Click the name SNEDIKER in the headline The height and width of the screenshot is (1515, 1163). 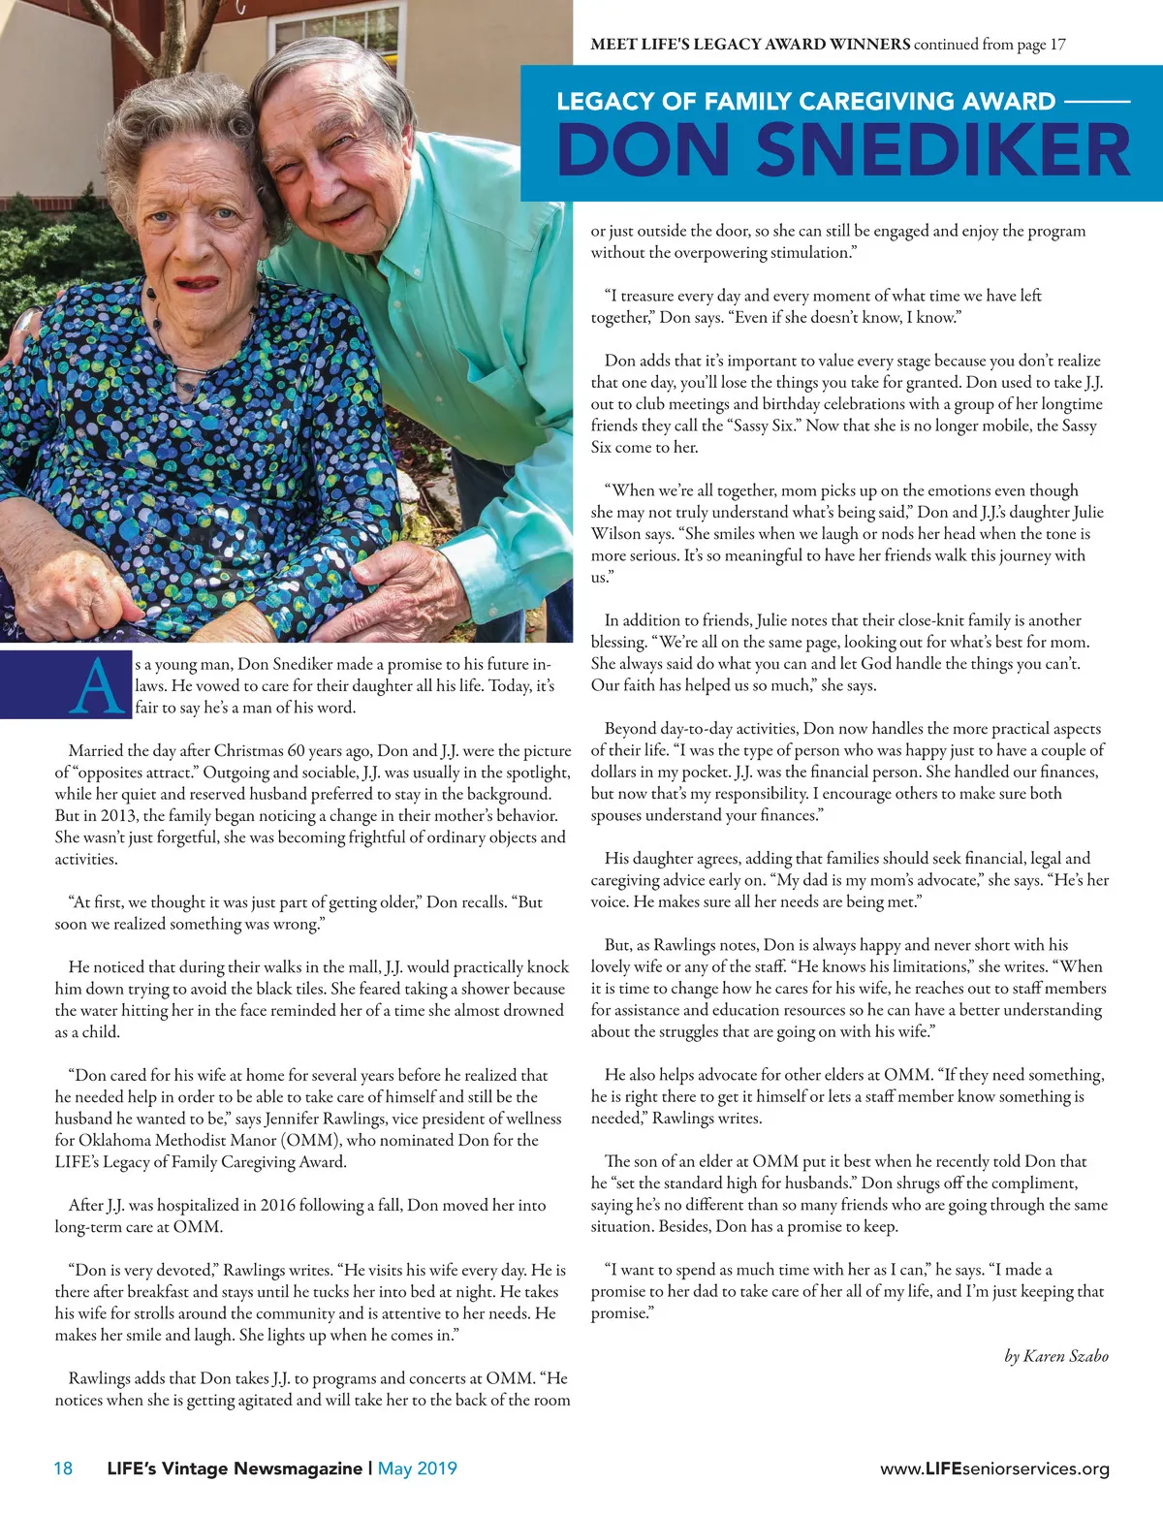(x=943, y=150)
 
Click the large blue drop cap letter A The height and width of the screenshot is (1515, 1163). (x=100, y=686)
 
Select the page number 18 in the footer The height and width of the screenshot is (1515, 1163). (x=63, y=1468)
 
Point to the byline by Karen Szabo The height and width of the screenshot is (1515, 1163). (x=1056, y=1356)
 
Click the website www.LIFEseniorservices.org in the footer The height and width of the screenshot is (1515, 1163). (x=994, y=1469)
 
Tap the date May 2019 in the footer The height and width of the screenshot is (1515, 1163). (x=417, y=1468)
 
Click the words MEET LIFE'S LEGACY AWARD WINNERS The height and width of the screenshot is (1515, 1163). (x=750, y=44)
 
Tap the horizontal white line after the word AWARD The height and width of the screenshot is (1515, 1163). (x=1097, y=101)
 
